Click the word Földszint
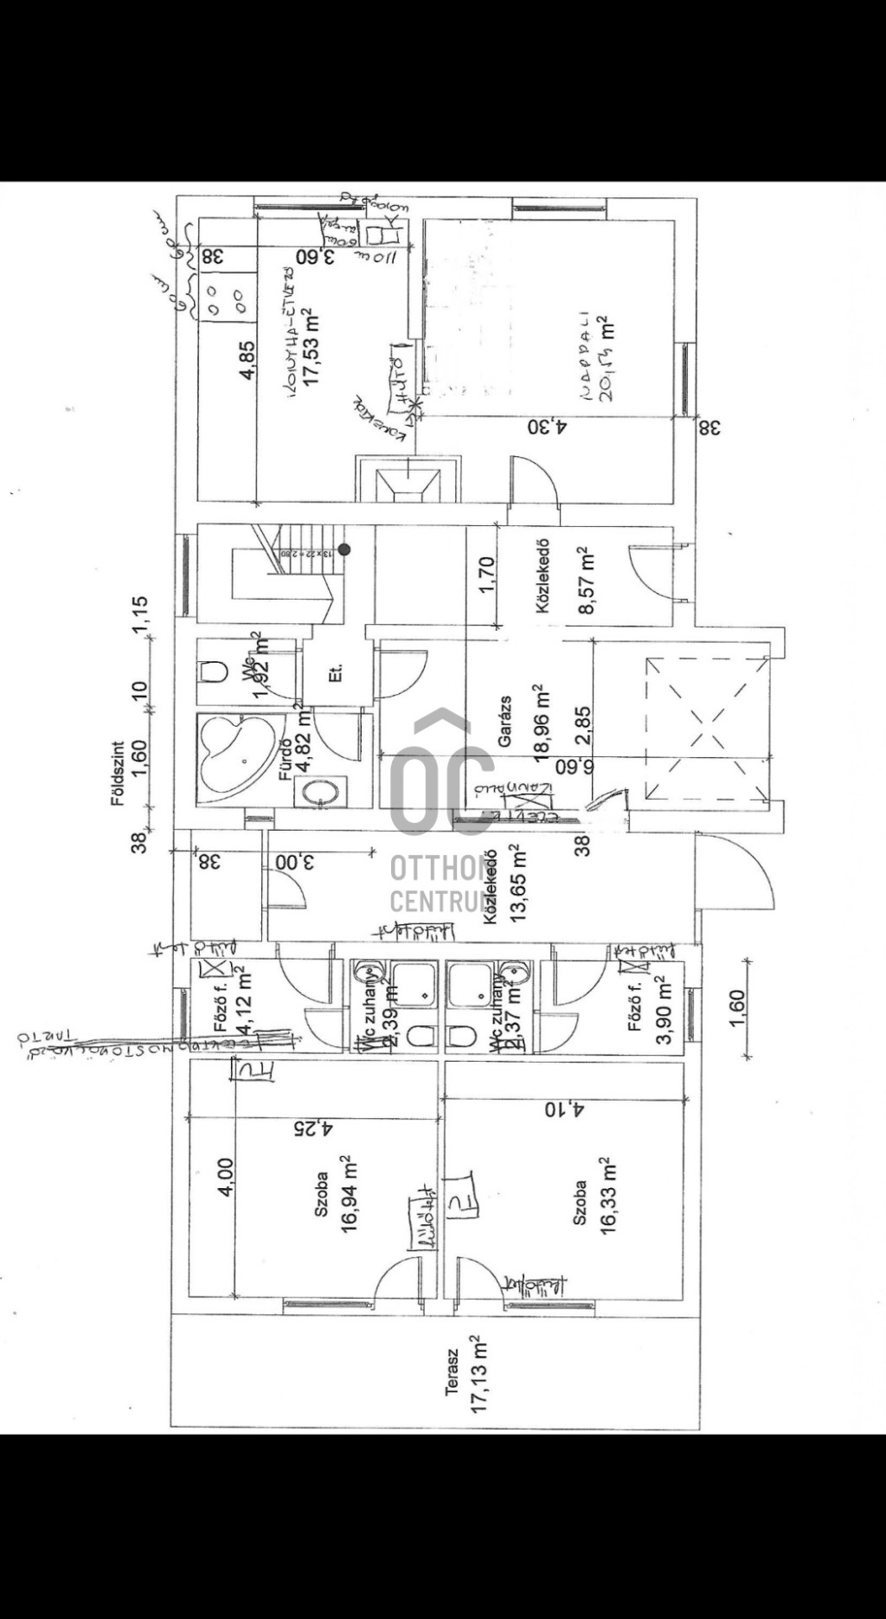[119, 773]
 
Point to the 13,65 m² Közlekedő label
[506, 884]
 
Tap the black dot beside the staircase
[344, 549]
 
